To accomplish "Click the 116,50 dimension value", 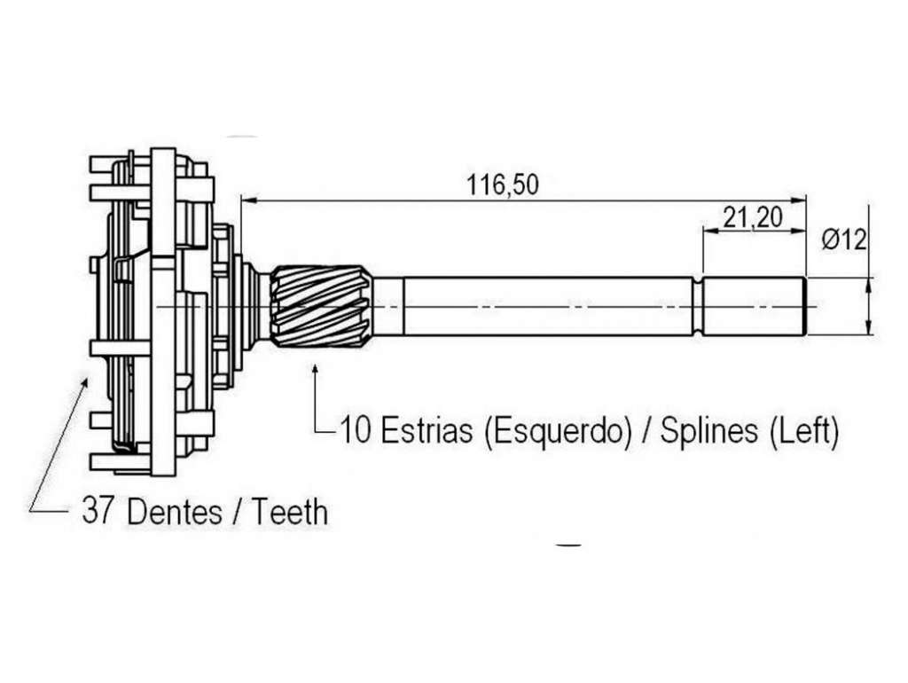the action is tap(502, 184).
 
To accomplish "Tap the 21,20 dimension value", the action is tap(752, 218).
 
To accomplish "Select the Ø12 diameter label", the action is tap(844, 239).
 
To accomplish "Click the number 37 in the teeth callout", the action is tap(96, 511).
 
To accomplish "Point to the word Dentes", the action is tap(175, 512).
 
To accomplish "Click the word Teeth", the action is tap(290, 512).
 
